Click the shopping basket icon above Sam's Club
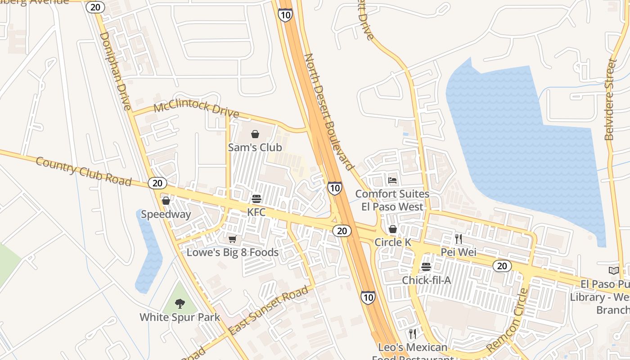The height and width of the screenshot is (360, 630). click(x=255, y=134)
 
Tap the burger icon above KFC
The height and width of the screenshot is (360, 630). click(x=256, y=199)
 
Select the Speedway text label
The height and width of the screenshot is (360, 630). click(x=166, y=214)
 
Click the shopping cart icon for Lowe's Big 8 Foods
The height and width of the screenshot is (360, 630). click(x=232, y=239)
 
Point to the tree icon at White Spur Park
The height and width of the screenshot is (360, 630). click(x=180, y=304)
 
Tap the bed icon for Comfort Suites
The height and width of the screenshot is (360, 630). click(x=392, y=180)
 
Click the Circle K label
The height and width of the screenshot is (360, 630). click(x=393, y=242)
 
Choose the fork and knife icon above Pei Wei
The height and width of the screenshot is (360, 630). click(x=459, y=238)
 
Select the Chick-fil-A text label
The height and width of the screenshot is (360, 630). click(x=426, y=280)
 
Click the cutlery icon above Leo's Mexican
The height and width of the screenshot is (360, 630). click(x=412, y=334)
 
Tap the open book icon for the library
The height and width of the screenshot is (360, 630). click(x=614, y=270)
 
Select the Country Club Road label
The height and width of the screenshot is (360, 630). click(x=83, y=171)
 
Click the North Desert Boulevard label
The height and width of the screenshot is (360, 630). click(x=328, y=112)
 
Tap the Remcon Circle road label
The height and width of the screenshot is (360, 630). click(x=507, y=320)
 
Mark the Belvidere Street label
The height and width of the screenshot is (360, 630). click(x=610, y=99)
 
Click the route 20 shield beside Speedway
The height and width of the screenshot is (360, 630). click(x=157, y=183)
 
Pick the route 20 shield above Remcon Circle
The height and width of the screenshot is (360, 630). click(x=502, y=266)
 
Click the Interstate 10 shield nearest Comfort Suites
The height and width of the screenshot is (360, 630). click(x=334, y=188)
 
